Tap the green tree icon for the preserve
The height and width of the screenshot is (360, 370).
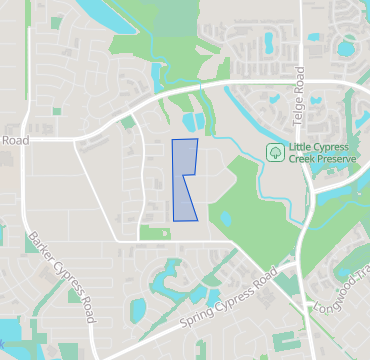tap(273, 152)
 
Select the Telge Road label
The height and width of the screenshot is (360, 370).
tap(298, 101)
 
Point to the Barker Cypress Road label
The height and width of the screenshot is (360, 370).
tap(62, 278)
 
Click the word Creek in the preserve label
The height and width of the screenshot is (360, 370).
tap(303, 159)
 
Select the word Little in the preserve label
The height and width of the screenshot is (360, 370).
tap(300, 146)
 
